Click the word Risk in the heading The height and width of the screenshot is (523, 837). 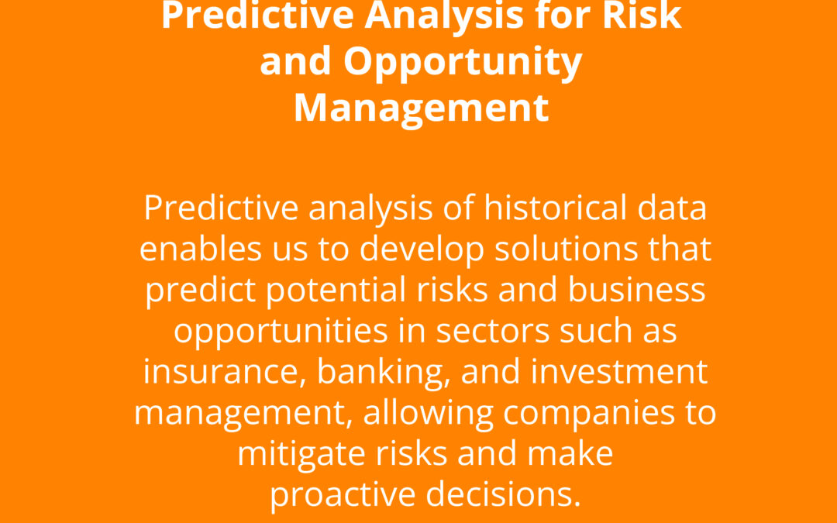(642, 15)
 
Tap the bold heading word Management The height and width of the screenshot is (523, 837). (421, 108)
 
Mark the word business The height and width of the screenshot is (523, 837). (637, 289)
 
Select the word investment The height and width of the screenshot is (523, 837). (618, 371)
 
